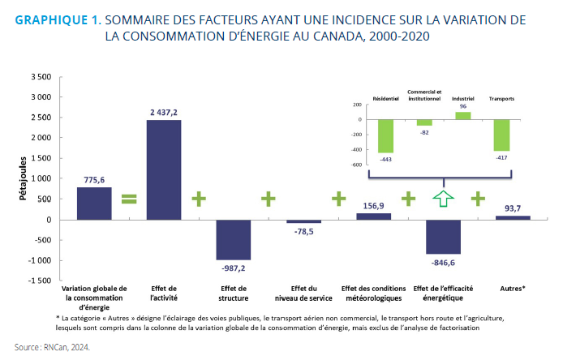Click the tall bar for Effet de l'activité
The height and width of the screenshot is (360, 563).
click(x=164, y=169)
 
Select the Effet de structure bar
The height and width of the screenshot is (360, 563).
click(x=233, y=239)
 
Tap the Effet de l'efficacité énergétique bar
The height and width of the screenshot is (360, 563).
click(x=443, y=237)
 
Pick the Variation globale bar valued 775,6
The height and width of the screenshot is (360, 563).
click(x=94, y=203)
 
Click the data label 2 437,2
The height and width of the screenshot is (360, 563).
click(x=164, y=112)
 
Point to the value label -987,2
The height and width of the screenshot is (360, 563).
click(x=233, y=268)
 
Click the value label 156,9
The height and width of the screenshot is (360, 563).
click(x=373, y=205)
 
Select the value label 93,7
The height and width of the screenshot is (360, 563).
click(x=513, y=208)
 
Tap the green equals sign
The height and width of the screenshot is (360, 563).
click(x=129, y=198)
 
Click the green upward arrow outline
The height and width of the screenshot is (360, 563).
click(x=443, y=198)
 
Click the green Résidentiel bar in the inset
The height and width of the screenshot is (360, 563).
click(x=385, y=136)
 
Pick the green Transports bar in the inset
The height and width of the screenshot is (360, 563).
click(x=502, y=135)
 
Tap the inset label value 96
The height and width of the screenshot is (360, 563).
click(x=462, y=106)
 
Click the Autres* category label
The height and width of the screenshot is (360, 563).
click(x=513, y=288)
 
